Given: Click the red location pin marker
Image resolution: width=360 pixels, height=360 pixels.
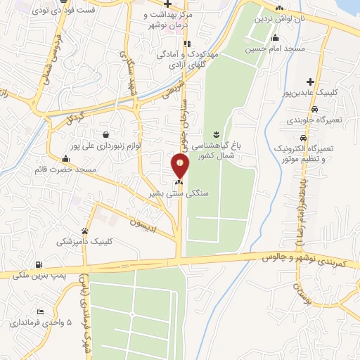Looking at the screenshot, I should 180,165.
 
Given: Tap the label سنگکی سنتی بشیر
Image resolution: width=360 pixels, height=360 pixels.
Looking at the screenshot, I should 170,191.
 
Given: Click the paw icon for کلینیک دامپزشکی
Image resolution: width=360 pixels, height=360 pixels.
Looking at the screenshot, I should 85,230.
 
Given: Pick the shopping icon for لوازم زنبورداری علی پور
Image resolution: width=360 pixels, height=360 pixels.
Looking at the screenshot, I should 105,134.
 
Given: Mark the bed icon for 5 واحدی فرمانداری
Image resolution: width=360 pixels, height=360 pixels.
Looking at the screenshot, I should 41,311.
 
